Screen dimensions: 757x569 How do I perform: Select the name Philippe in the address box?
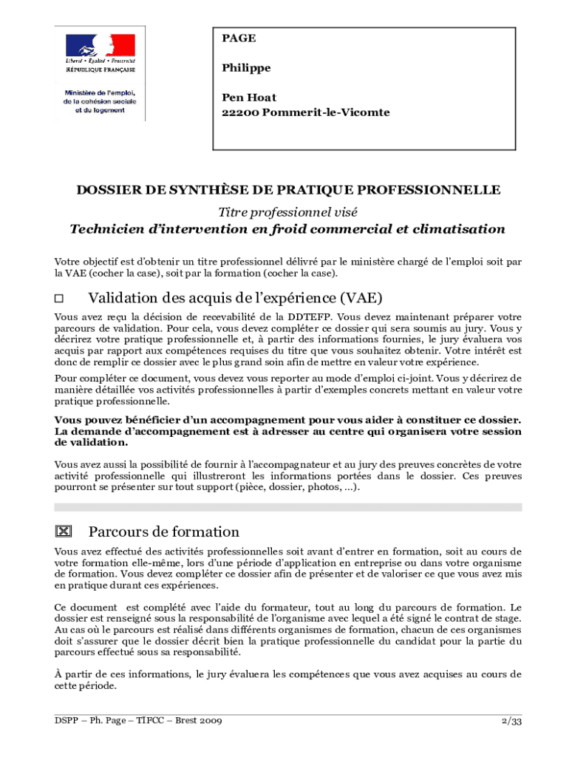(246, 68)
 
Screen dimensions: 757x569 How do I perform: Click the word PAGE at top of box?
(239, 38)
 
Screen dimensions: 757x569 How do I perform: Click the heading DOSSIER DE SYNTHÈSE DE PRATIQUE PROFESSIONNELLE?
(288, 190)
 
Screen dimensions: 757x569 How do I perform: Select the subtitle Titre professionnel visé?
(287, 211)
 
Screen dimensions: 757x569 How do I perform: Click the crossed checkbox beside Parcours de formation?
(63, 532)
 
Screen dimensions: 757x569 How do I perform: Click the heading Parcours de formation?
(163, 532)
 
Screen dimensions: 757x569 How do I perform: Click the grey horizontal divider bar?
(288, 507)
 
